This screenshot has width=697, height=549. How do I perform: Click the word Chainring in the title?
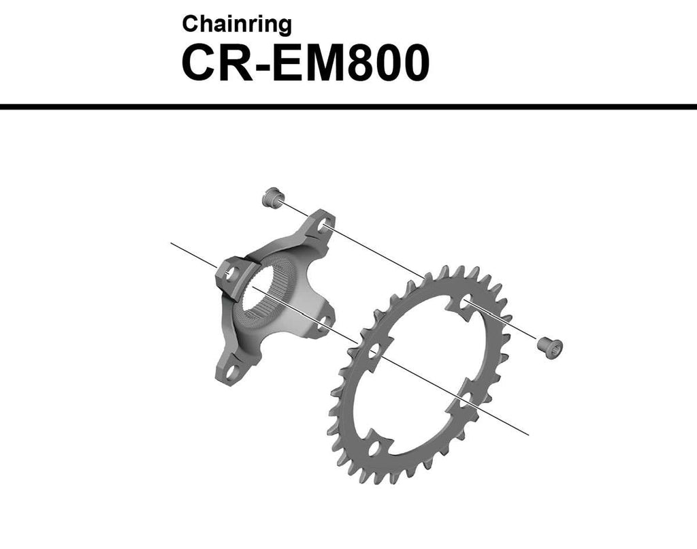pyautogui.click(x=237, y=25)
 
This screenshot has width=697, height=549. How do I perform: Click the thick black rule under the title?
pyautogui.click(x=348, y=107)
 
